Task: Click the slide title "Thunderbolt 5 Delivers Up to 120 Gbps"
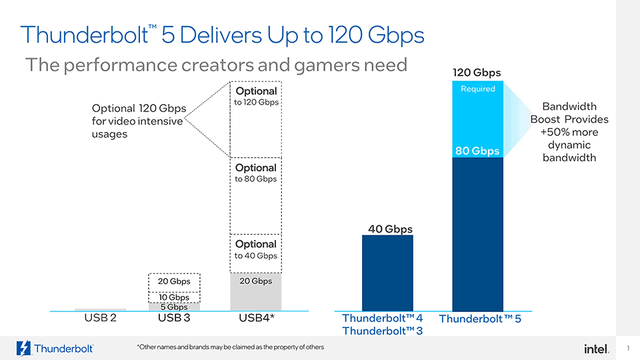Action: [x=222, y=35]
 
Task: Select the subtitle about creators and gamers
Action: [x=215, y=65]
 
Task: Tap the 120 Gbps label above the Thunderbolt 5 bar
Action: [x=477, y=73]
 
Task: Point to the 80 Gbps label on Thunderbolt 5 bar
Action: [x=477, y=151]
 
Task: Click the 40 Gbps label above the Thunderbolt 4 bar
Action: [x=390, y=229]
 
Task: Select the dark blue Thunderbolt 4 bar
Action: [x=387, y=273]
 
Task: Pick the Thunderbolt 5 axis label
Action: [x=479, y=319]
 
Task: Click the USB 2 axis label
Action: [x=101, y=318]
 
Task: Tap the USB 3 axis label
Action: [x=174, y=319]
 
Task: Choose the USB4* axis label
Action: [x=257, y=319]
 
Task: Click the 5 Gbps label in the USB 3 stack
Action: [x=173, y=307]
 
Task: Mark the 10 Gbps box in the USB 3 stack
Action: [x=173, y=297]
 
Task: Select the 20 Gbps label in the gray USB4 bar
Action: [x=255, y=281]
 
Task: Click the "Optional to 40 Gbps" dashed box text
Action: [x=255, y=250]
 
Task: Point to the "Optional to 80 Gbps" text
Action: [x=255, y=173]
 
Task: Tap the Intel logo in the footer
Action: [x=596, y=349]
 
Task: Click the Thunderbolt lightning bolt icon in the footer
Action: [x=23, y=348]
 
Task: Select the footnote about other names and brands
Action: [x=230, y=347]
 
